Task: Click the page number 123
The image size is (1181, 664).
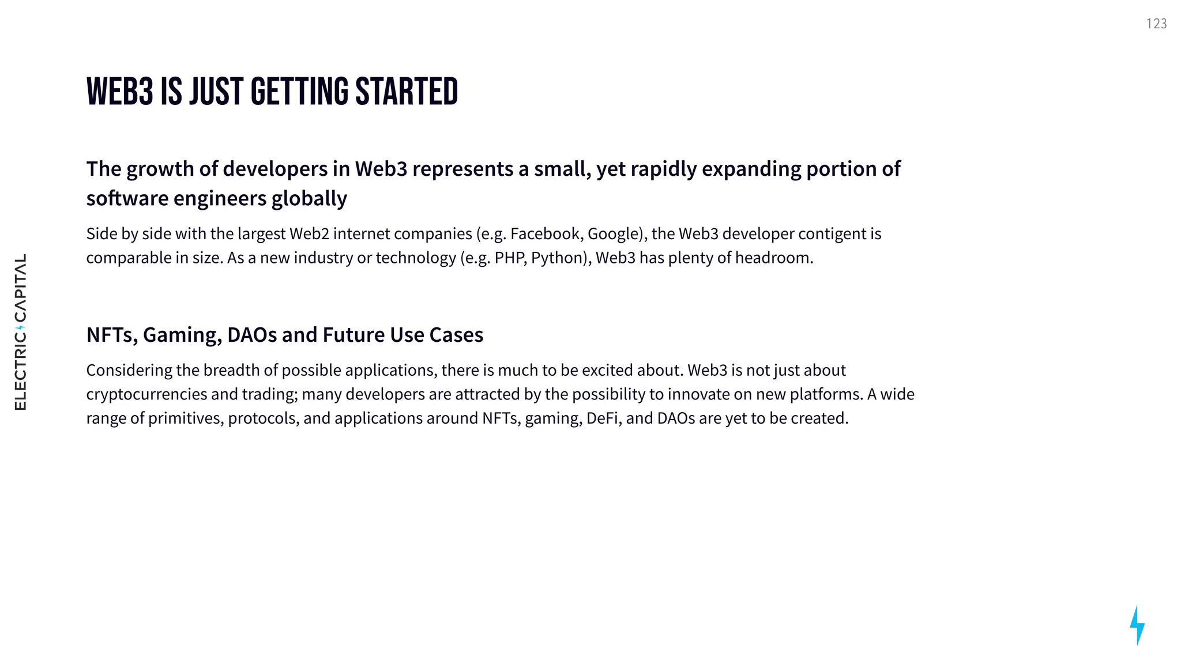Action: [1156, 24]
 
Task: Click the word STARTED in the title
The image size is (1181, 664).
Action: [407, 92]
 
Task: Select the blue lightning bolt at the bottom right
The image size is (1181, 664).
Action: [1137, 625]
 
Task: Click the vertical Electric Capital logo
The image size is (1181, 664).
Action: [20, 332]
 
